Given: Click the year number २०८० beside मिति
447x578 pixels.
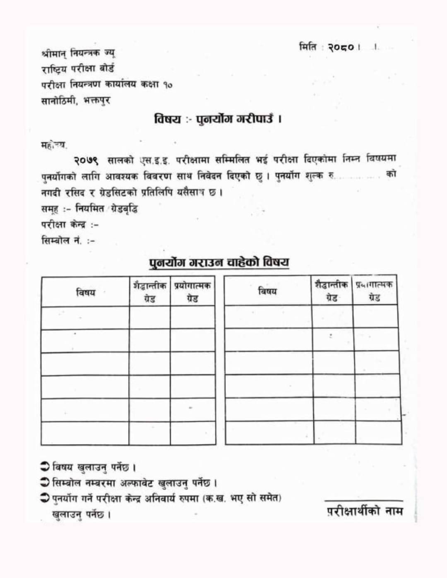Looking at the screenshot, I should [340, 47].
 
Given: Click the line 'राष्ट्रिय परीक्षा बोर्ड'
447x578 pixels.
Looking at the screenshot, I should [78, 69].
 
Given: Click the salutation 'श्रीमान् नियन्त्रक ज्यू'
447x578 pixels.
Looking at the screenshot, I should [78, 54].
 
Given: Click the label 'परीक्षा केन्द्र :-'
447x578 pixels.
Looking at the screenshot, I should [70, 224].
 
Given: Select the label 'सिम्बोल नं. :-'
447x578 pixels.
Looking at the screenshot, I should [68, 240].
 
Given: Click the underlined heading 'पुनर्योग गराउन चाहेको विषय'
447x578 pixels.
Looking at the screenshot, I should [219, 262].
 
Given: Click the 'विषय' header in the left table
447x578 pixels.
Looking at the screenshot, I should [86, 292].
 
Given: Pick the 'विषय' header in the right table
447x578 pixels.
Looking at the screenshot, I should [268, 291].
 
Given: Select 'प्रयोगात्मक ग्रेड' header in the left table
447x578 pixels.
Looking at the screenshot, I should [192, 292].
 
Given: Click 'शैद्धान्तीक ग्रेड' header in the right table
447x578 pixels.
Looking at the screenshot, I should [332, 291].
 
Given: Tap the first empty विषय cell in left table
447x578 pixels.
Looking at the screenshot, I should [85, 318].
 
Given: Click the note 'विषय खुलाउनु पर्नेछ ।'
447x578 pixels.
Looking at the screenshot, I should [94, 468].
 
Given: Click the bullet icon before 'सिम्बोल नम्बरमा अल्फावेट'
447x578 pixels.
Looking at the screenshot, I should [45, 483].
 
